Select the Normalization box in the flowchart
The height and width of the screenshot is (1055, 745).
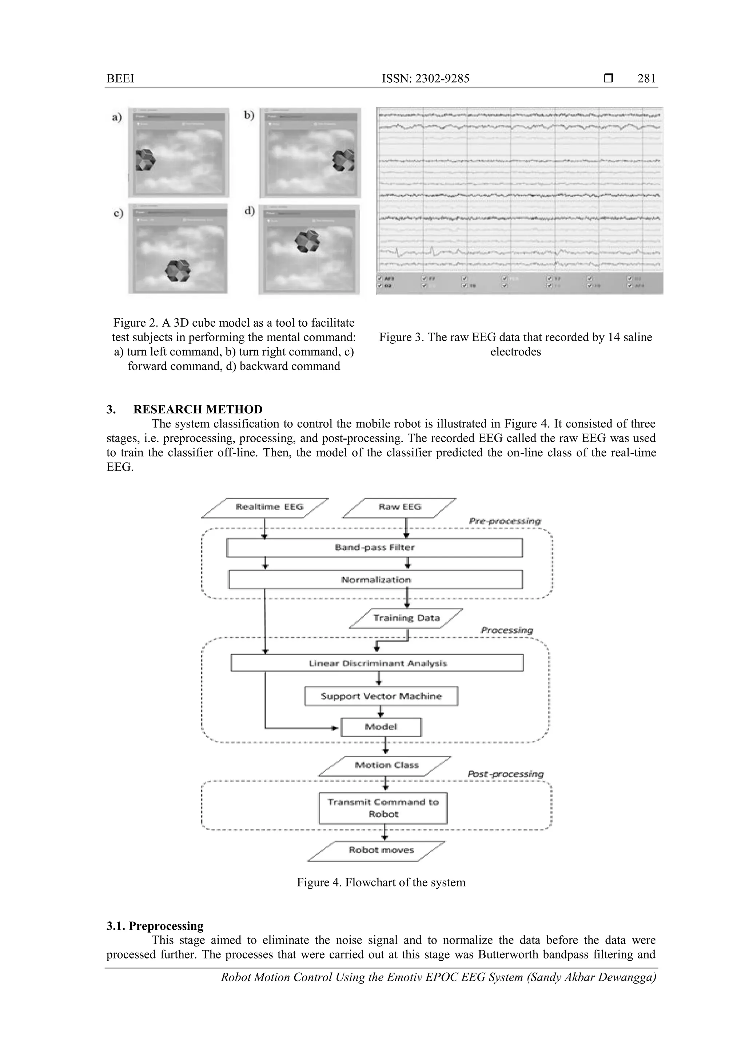tap(375, 579)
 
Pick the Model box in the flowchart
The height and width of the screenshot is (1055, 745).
tap(381, 727)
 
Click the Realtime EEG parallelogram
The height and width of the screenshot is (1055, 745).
tap(265, 507)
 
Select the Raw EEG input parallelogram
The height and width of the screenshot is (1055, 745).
tap(400, 507)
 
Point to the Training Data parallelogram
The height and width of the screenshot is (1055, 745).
tap(406, 618)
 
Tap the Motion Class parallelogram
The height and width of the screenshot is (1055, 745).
tap(386, 765)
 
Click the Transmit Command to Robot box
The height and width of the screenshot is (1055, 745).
tap(383, 807)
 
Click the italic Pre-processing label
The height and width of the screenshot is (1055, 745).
tap(505, 521)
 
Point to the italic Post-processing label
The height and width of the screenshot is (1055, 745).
tap(505, 774)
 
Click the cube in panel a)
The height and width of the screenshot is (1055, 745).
tap(146, 160)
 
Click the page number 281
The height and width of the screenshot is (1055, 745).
tap(646, 79)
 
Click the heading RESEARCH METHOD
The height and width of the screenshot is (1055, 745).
tap(198, 409)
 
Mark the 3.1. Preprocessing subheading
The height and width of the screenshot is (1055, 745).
tap(155, 926)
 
